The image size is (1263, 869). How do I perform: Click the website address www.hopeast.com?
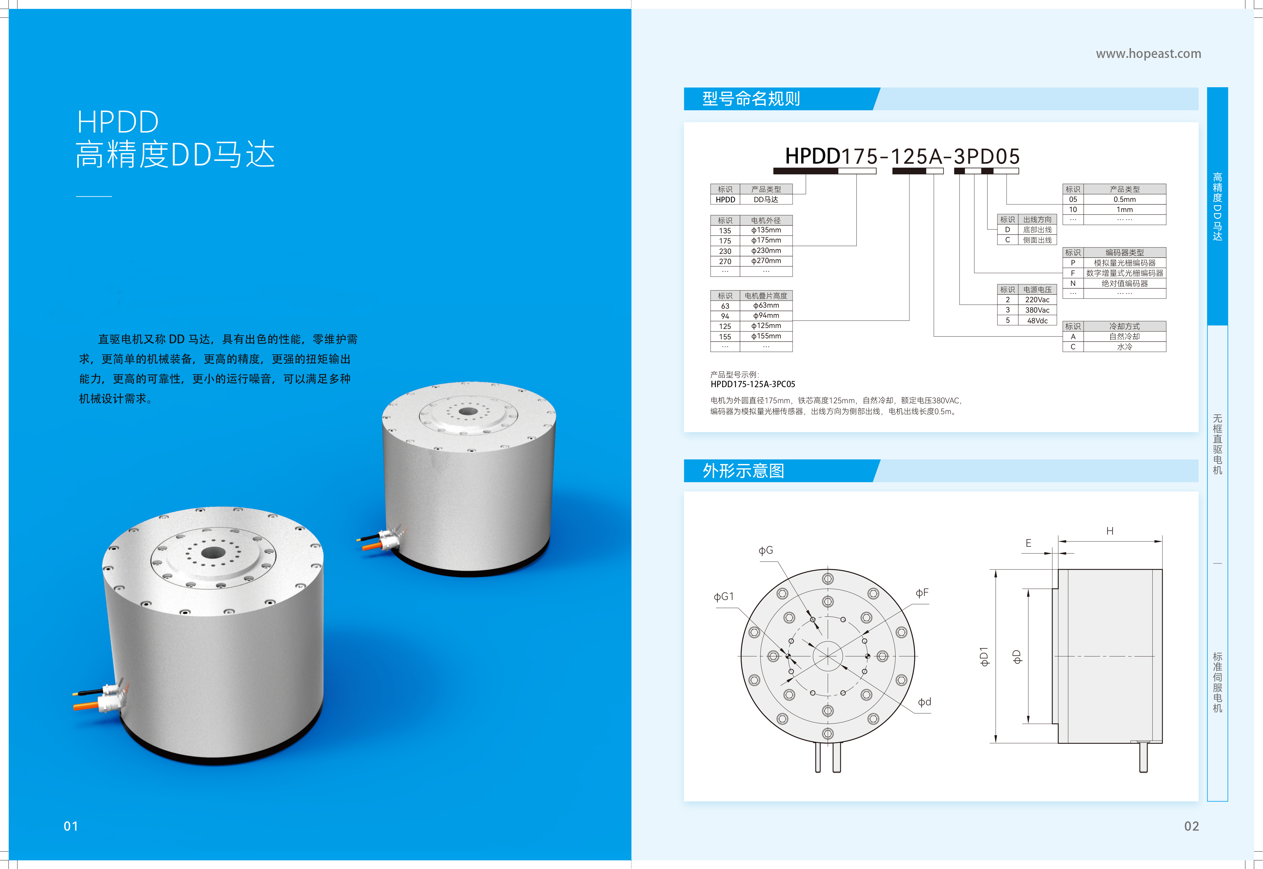click(x=1148, y=53)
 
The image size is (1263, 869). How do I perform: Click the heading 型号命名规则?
click(x=751, y=99)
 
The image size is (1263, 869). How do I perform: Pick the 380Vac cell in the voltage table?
click(x=1037, y=310)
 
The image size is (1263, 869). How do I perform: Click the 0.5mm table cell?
click(x=1124, y=199)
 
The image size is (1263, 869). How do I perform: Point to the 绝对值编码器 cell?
click(x=1124, y=283)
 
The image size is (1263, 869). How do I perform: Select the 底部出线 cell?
click(x=1037, y=230)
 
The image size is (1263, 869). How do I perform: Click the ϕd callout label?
click(x=924, y=702)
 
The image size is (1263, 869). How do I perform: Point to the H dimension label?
click(x=1110, y=531)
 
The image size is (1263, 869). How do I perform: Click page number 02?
click(x=1191, y=826)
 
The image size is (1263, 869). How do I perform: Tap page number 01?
click(x=71, y=826)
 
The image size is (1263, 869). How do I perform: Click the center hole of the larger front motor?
click(x=213, y=553)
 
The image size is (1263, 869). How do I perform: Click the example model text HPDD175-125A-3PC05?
click(x=753, y=384)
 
